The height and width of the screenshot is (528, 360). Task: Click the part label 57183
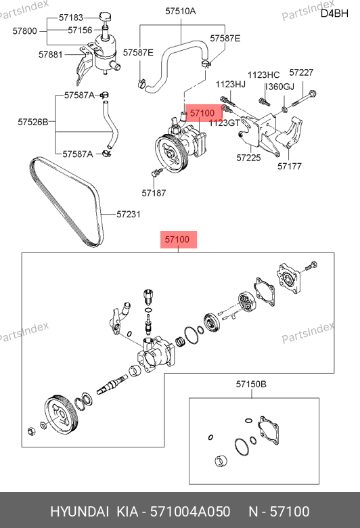[71, 18]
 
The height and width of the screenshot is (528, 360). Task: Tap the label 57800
[24, 31]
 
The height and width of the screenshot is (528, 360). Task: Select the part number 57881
[51, 54]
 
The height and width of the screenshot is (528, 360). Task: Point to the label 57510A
[181, 11]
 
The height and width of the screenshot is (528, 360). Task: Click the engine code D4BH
[334, 14]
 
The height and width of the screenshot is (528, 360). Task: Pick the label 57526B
[33, 122]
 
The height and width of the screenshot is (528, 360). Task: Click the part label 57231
[129, 214]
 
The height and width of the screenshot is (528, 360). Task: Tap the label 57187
[154, 193]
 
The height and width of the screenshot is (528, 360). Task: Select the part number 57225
[248, 158]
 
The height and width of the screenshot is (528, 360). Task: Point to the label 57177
[290, 166]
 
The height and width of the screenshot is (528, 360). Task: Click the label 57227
[301, 72]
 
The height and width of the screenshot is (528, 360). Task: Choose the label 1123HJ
[231, 84]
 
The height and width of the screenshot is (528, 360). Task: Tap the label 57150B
[251, 384]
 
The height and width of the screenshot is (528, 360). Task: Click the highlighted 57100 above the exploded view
[177, 240]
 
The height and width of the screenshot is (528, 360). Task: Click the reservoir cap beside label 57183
[106, 16]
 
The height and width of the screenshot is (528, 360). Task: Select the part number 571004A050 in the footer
[190, 512]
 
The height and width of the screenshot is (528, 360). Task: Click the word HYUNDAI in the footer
[79, 512]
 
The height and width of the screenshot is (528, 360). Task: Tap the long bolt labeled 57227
[304, 99]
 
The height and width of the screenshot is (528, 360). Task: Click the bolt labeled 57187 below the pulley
[156, 173]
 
